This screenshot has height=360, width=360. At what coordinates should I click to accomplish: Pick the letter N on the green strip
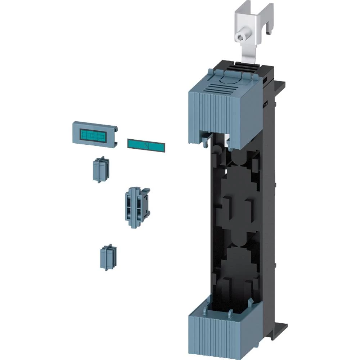click(x=146, y=146)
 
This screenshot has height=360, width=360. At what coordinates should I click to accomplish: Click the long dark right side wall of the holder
click(x=268, y=216)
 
